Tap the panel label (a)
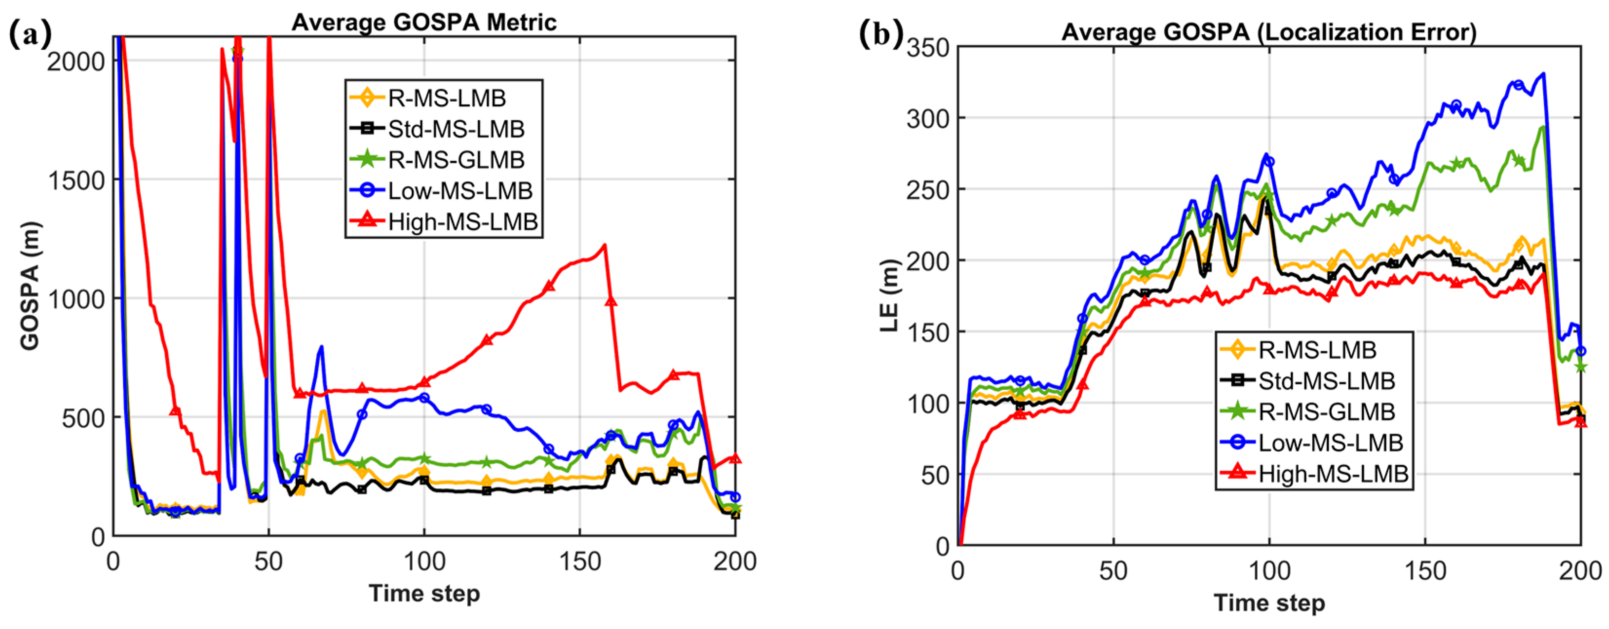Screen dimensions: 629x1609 [30, 35]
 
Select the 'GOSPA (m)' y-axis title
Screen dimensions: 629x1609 [30, 286]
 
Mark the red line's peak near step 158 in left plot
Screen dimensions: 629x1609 [604, 245]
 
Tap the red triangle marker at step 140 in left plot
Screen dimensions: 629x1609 [549, 286]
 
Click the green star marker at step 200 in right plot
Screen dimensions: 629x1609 [1580, 367]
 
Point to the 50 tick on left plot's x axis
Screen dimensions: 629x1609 [268, 562]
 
